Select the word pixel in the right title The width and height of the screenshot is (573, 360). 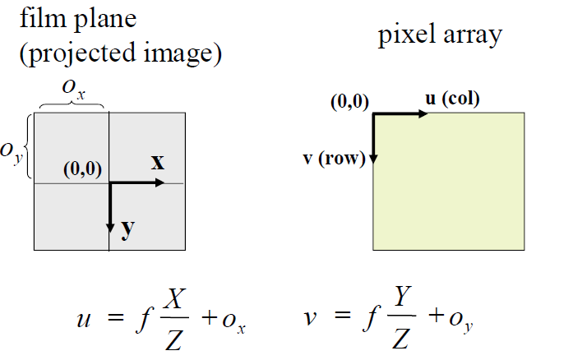406,35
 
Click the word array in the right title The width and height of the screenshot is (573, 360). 473,36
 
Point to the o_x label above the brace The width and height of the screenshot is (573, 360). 73,90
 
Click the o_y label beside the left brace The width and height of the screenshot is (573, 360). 12,153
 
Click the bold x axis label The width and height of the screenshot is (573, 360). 158,162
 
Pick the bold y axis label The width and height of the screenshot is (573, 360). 127,228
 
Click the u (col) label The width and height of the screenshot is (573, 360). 452,99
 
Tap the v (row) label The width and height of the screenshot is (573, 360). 335,159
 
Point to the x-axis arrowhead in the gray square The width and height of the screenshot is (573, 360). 160,182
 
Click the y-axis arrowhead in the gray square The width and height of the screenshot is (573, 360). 110,228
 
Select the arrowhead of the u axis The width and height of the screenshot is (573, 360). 423,114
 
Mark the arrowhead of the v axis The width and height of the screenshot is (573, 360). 373,159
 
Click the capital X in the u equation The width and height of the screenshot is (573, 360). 174,299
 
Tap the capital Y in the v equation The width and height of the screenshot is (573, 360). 402,296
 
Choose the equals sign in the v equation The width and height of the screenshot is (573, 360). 343,314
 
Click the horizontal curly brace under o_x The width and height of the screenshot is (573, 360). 72,105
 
